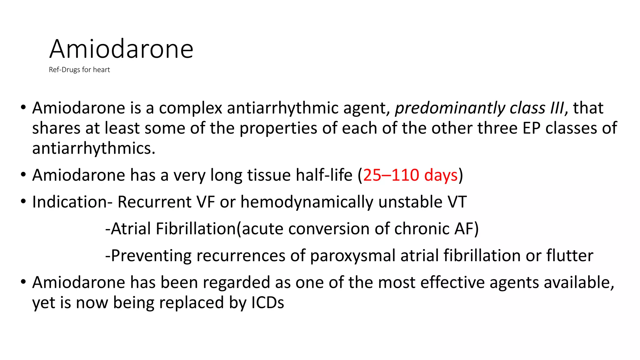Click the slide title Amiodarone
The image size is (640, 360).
[x=121, y=49]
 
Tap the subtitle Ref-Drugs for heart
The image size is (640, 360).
[x=79, y=70]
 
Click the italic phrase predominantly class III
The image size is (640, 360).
[x=479, y=108]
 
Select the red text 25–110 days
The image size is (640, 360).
[x=410, y=175]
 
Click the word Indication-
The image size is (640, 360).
[x=72, y=202]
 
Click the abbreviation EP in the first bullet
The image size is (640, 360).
[x=532, y=128]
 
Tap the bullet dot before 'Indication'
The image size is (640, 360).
[x=23, y=201]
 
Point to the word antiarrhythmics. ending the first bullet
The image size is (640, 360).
[x=94, y=148]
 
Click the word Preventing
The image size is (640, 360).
[x=151, y=256]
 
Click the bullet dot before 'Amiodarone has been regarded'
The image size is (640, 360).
[x=23, y=282]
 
